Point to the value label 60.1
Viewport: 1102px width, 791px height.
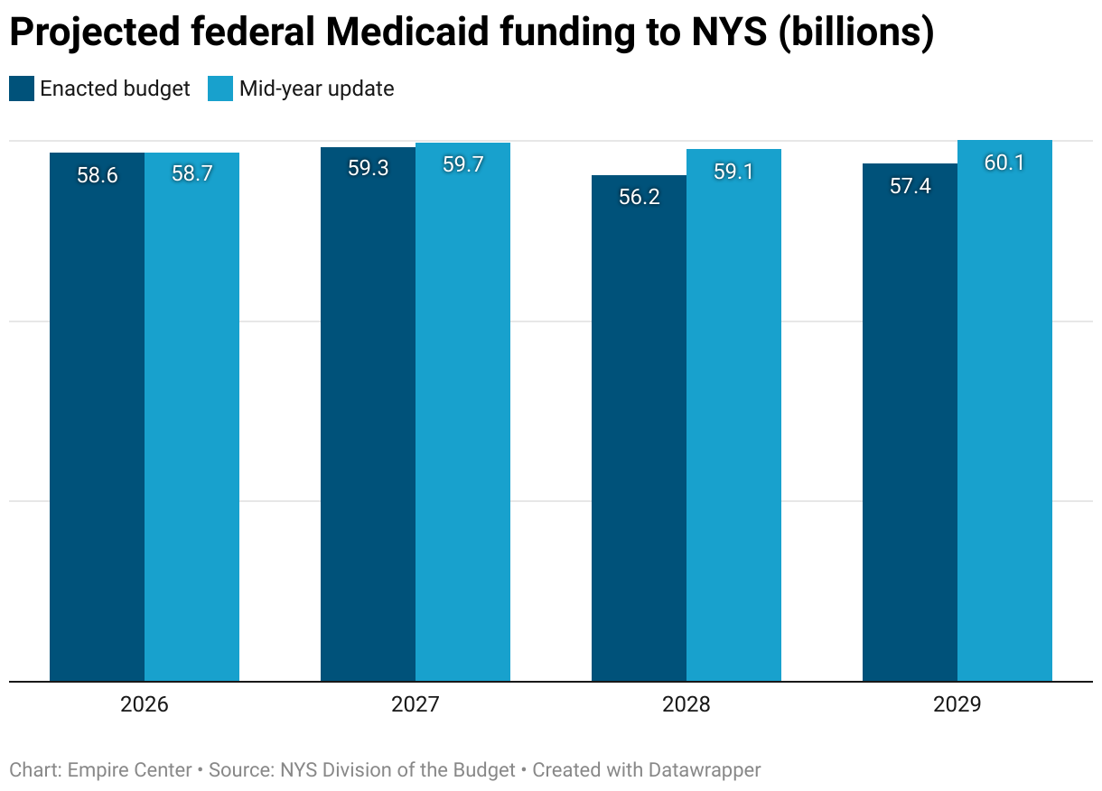point(1004,163)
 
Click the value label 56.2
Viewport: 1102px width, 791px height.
point(640,197)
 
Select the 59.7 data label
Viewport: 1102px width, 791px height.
point(462,164)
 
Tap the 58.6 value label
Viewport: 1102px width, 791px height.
point(98,175)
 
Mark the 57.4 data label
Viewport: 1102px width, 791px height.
point(911,186)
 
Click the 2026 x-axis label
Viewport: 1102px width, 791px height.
point(145,704)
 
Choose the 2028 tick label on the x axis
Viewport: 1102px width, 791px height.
point(686,704)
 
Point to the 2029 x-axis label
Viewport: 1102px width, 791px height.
point(957,704)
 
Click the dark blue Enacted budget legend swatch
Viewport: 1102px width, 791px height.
point(22,88)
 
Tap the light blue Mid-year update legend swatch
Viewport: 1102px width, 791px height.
point(220,88)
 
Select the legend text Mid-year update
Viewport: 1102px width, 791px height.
point(316,88)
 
